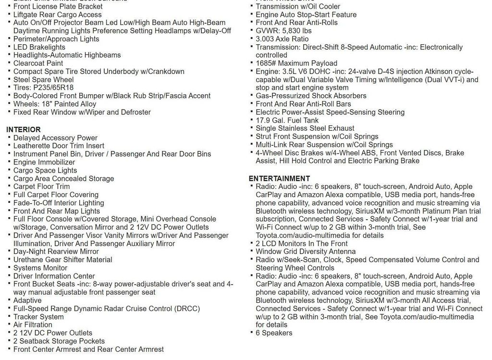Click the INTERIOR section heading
point(24,129)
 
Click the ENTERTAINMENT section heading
point(279,178)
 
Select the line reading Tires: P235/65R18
point(43,87)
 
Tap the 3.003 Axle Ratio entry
point(282,39)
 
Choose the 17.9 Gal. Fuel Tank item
point(287,120)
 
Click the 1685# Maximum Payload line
point(296,63)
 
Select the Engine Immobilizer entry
point(44,162)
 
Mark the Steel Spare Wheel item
point(43,79)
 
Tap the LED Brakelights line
point(39,47)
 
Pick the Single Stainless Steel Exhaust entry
point(305,128)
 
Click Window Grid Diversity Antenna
point(306,251)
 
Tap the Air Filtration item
point(33,325)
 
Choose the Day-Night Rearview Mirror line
point(56,251)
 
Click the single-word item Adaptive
point(27,300)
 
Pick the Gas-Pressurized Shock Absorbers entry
point(311,96)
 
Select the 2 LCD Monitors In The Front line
point(302,243)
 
